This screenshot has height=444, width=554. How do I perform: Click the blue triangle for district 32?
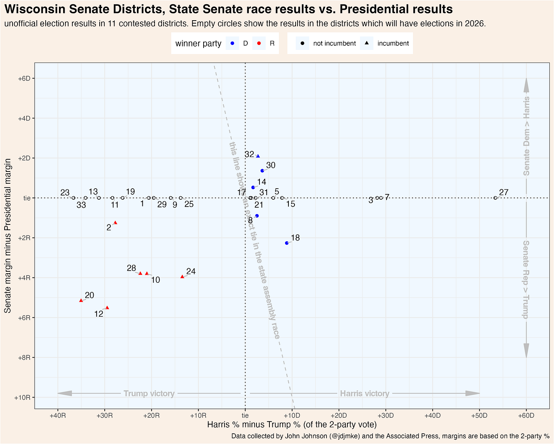(258, 156)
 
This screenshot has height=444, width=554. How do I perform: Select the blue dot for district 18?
(287, 243)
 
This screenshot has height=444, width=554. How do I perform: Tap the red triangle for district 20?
(81, 301)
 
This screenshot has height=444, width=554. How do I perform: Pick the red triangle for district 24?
(182, 277)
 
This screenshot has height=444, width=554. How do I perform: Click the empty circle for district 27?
(495, 198)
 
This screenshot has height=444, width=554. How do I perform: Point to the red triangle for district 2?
(115, 223)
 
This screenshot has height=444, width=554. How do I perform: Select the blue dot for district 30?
(262, 171)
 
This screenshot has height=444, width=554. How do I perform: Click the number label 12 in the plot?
(99, 314)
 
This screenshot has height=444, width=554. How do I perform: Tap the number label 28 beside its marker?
(131, 268)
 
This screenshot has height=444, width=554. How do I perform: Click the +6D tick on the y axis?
(24, 79)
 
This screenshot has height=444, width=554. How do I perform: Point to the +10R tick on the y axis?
(23, 398)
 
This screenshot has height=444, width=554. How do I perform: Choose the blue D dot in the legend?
(232, 43)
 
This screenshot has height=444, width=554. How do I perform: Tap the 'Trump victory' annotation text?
(149, 394)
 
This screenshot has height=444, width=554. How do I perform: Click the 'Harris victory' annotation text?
(365, 394)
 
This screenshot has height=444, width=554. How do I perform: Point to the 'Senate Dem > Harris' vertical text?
(526, 136)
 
